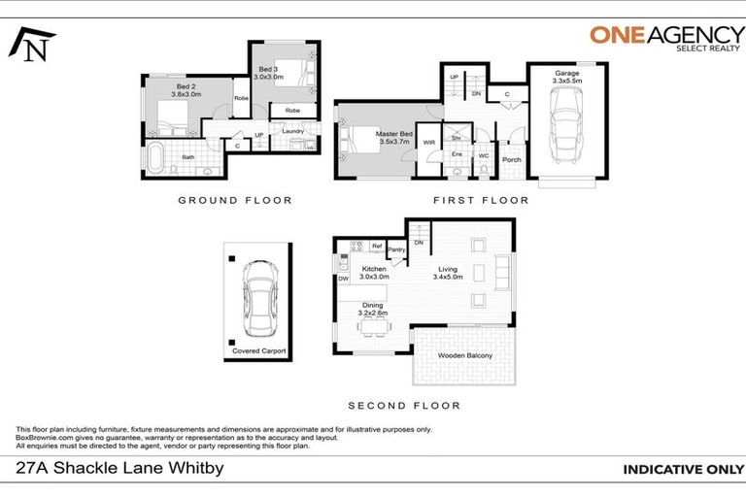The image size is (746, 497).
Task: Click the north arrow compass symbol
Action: [30, 43]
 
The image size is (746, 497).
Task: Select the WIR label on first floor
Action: [428, 143]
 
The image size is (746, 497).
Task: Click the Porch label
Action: [511, 160]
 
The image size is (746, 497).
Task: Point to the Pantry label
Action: [396, 249]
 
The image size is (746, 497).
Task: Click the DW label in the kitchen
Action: [343, 279]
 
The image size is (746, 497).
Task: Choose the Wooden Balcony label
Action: [465, 356]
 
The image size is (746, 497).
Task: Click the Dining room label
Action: [373, 309]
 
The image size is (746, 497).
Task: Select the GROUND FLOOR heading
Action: [234, 200]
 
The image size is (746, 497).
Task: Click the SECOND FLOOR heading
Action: [404, 406]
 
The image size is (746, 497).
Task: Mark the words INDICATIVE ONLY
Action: [676, 470]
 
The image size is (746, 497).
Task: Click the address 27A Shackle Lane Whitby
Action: [120, 469]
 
